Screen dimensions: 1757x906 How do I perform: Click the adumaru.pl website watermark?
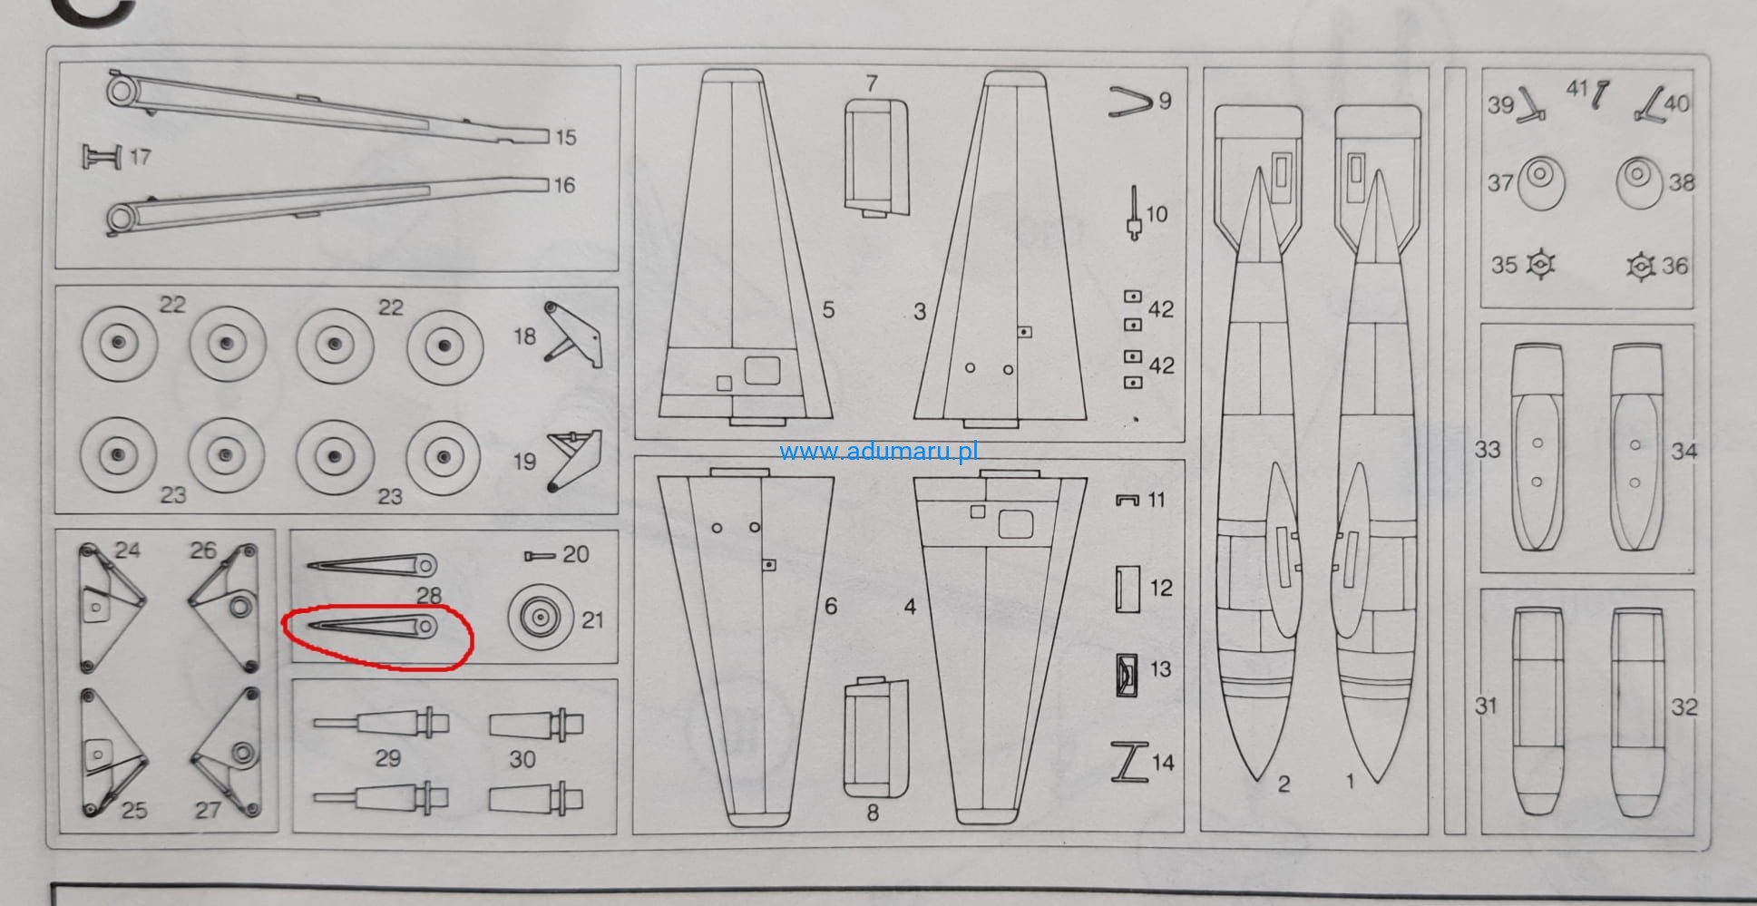click(878, 451)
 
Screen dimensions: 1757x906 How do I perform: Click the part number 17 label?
click(140, 157)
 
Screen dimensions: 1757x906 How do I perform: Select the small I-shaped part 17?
click(102, 156)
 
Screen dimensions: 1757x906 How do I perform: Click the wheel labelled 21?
click(540, 618)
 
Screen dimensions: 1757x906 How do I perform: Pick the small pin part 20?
click(541, 555)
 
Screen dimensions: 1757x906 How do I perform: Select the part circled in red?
click(373, 627)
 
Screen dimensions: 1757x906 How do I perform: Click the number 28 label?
click(428, 595)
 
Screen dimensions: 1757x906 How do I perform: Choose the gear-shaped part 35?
click(1540, 264)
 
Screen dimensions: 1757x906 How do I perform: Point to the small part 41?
click(1601, 94)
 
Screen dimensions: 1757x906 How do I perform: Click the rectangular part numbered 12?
click(1127, 589)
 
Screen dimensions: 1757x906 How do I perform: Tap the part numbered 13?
click(1127, 675)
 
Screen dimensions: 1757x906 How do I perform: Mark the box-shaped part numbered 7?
click(876, 158)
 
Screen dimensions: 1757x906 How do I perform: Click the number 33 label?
click(1487, 449)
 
